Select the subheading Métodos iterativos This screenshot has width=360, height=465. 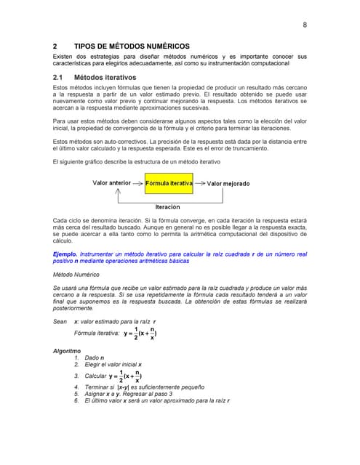[105, 76]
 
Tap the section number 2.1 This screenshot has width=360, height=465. [60, 76]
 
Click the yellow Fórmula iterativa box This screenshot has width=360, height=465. [169, 184]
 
